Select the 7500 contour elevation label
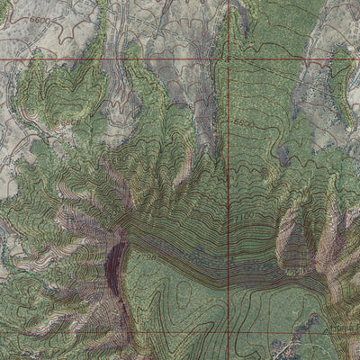tap(294, 269)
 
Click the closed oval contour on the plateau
tap(184, 292)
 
